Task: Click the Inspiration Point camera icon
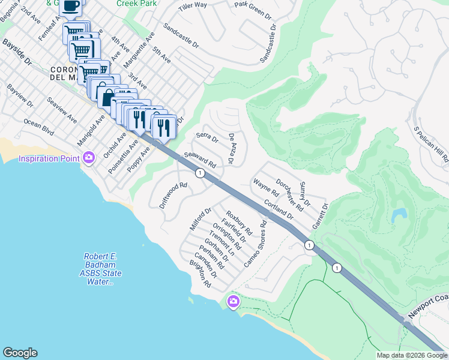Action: pyautogui.click(x=89, y=158)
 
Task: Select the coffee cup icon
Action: pyautogui.click(x=71, y=6)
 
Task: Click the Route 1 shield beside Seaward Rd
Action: pyautogui.click(x=200, y=173)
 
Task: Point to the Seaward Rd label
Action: pyautogui.click(x=200, y=160)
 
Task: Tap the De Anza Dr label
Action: pyautogui.click(x=230, y=149)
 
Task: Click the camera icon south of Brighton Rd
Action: pyautogui.click(x=233, y=301)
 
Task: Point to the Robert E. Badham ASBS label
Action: pyautogui.click(x=100, y=269)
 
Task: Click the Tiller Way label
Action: pyautogui.click(x=193, y=6)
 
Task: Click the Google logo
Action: pyautogui.click(x=20, y=353)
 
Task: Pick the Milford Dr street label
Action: pyautogui.click(x=200, y=220)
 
